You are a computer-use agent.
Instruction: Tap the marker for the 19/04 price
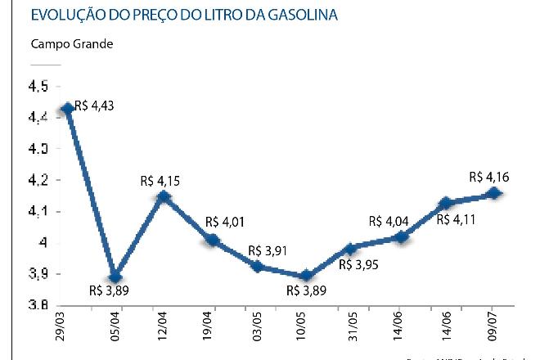tap(212, 240)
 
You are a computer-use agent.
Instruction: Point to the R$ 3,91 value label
tap(268, 250)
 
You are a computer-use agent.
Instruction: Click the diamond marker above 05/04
tap(115, 277)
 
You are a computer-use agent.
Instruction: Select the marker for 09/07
tap(494, 194)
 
